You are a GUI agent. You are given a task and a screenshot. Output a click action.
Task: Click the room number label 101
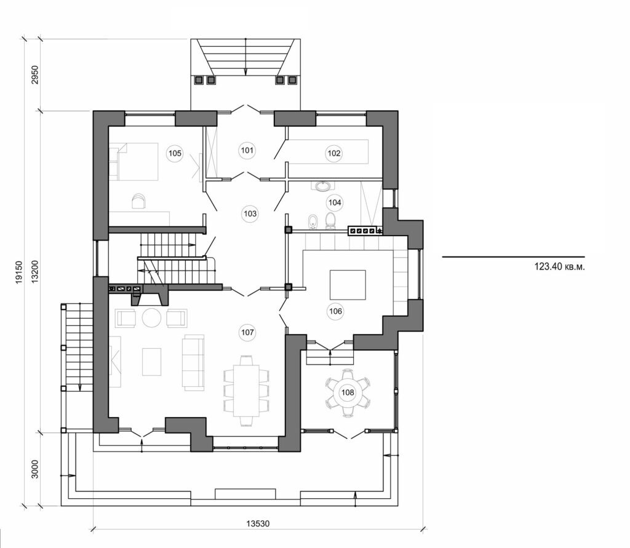[247, 149]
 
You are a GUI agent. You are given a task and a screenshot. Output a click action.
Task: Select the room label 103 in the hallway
[250, 213]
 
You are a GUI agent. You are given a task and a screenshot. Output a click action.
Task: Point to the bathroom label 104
[335, 202]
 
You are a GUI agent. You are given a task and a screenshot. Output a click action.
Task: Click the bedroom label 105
[175, 153]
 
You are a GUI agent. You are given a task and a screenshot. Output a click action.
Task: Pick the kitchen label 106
[335, 311]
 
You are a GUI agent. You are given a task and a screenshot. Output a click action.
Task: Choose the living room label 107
[247, 332]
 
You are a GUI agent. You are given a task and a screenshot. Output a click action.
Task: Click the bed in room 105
[134, 161]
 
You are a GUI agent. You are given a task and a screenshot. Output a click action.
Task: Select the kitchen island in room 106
[348, 284]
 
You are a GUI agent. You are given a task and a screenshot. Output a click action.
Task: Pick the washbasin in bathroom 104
[322, 185]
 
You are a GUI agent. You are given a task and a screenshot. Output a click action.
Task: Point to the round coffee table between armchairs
[151, 317]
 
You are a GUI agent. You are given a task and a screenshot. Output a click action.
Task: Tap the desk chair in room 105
[140, 199]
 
